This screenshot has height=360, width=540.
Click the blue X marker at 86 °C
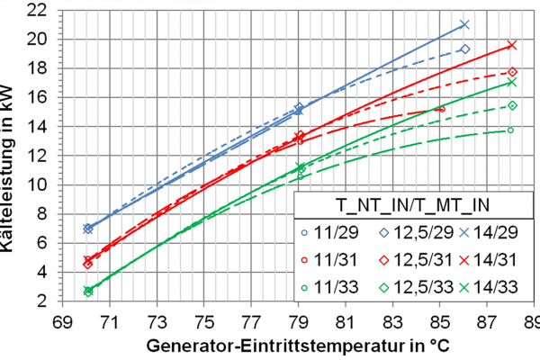pos(464,25)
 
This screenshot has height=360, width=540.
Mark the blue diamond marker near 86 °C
pos(464,49)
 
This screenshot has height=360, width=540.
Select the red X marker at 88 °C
pos(512,44)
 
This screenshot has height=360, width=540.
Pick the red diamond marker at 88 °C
pos(512,72)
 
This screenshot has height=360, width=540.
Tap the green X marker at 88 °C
pos(512,82)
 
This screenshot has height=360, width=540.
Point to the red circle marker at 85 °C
pos(441,109)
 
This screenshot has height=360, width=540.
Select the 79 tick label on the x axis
pos(298,321)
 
